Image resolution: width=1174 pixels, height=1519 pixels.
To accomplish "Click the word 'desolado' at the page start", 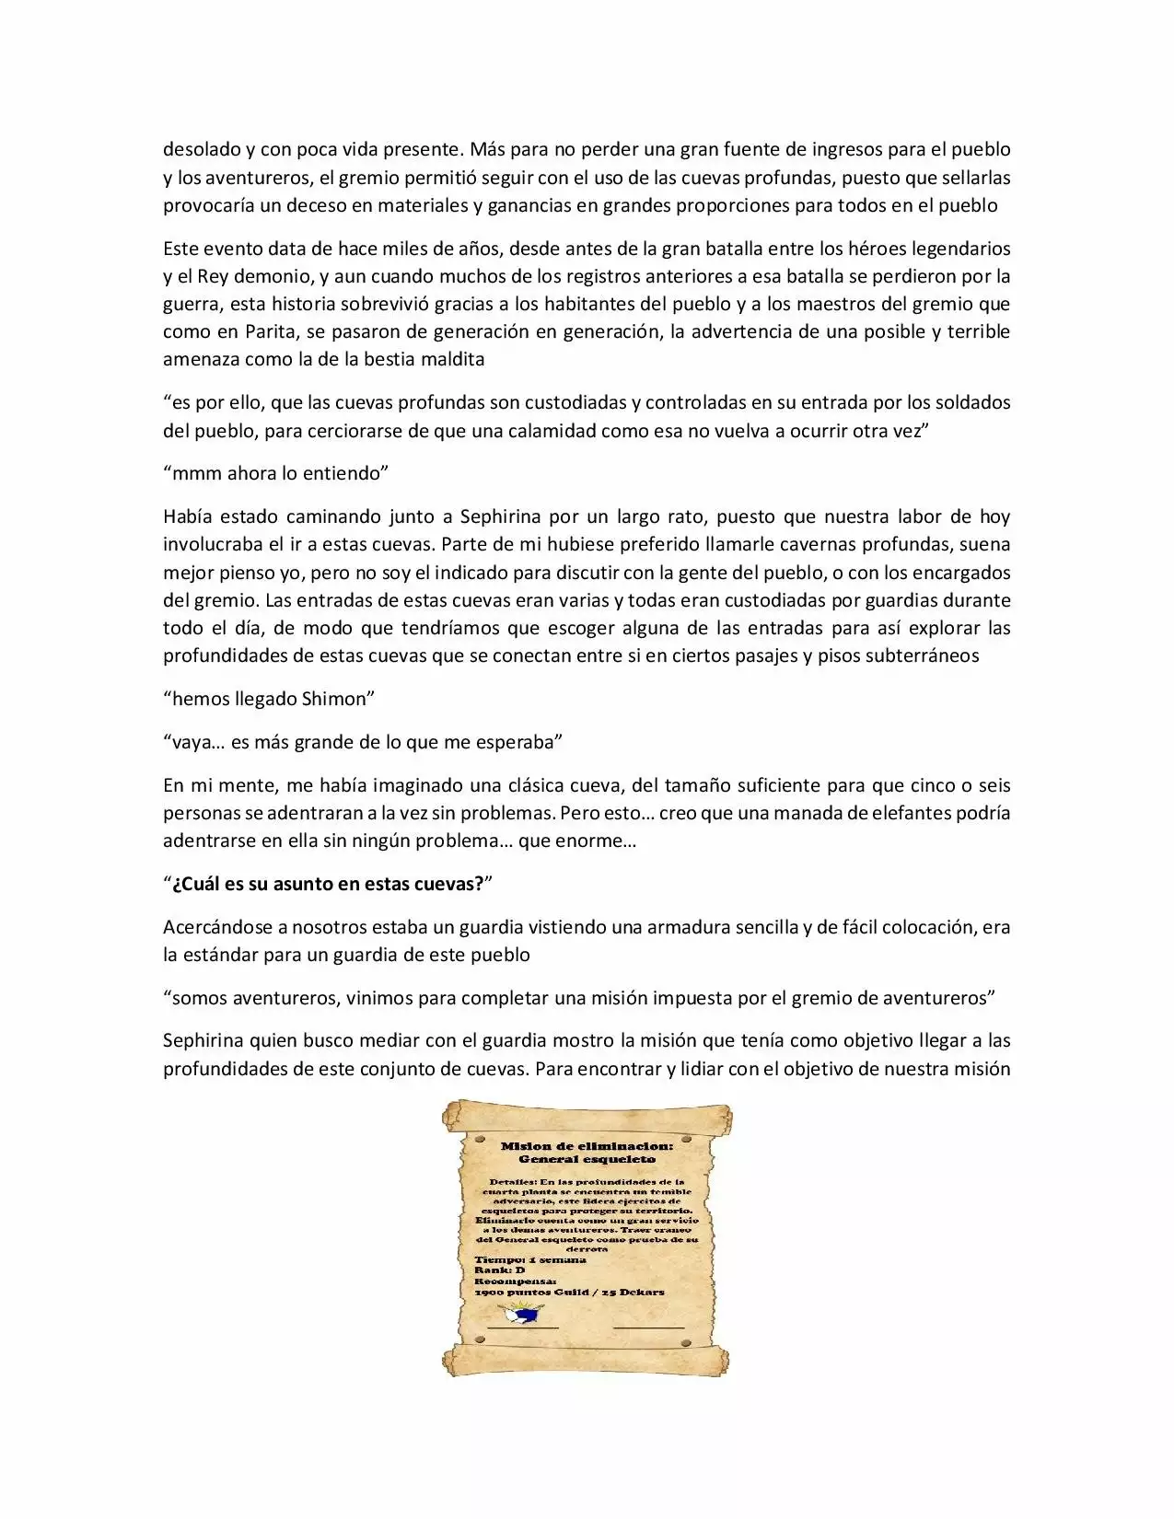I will (201, 149).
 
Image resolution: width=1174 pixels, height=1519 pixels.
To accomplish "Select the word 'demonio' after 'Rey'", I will (279, 276).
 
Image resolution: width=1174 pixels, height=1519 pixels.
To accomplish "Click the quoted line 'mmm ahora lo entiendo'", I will (276, 473).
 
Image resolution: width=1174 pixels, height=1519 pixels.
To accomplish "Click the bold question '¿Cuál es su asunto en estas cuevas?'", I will (328, 884).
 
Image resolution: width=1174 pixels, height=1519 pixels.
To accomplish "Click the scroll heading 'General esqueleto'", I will (587, 1159).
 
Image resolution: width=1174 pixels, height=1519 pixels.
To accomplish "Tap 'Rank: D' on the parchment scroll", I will (499, 1270).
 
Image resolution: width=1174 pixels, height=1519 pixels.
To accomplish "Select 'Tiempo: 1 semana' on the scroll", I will (529, 1259).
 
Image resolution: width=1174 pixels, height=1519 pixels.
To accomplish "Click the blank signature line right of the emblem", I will (648, 1327).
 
